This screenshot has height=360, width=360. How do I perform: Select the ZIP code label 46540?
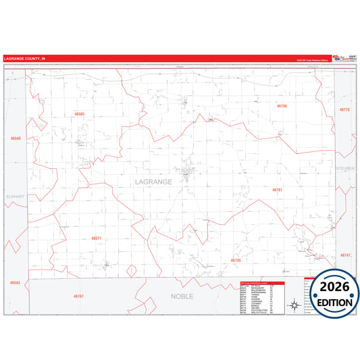click(x=16, y=138)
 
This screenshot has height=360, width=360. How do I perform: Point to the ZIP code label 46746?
click(x=282, y=106)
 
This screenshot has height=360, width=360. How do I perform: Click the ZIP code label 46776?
click(x=344, y=109)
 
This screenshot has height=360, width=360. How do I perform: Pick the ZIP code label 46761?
click(x=278, y=190)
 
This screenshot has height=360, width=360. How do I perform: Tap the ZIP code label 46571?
click(x=96, y=238)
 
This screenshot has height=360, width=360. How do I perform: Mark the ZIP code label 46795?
click(x=236, y=260)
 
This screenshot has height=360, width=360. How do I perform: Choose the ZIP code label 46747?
click(x=345, y=255)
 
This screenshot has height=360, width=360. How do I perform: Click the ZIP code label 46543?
click(x=15, y=283)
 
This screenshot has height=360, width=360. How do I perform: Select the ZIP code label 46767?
click(x=78, y=296)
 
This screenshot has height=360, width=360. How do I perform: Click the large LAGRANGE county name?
click(x=153, y=182)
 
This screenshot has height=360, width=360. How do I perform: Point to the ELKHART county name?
click(x=15, y=197)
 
